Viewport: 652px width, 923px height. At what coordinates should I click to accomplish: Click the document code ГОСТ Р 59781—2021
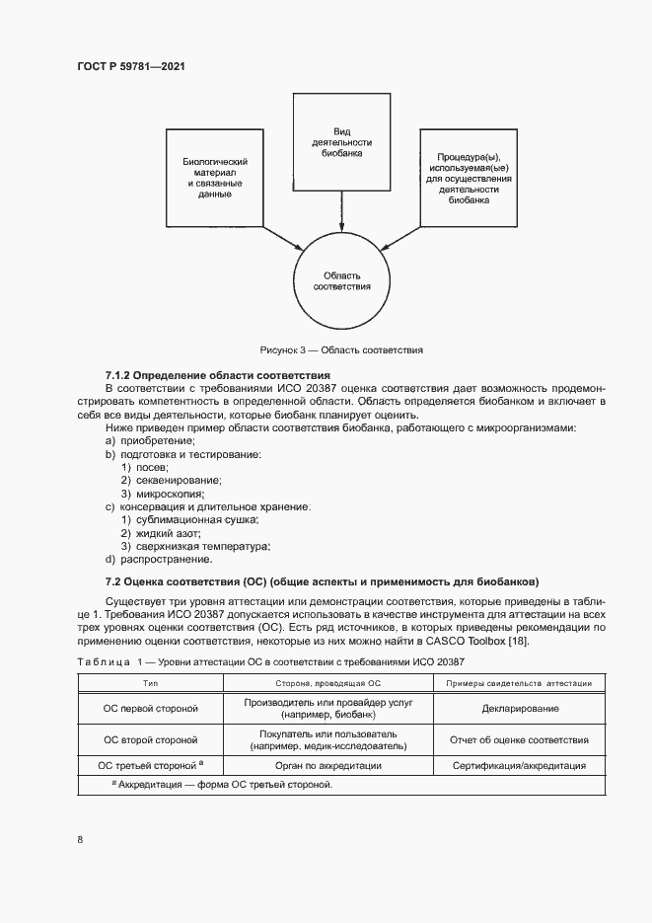130,66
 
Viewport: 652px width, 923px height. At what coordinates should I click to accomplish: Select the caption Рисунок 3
341,349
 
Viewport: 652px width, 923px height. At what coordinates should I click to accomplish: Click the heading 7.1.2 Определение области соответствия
217,376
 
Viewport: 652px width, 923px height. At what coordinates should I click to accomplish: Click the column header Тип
151,682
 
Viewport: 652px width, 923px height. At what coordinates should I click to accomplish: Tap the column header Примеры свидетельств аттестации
519,682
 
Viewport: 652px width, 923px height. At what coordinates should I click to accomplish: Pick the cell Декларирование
519,708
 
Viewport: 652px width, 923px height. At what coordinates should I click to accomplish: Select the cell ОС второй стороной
151,739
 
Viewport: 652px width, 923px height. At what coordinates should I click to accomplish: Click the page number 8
79,839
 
